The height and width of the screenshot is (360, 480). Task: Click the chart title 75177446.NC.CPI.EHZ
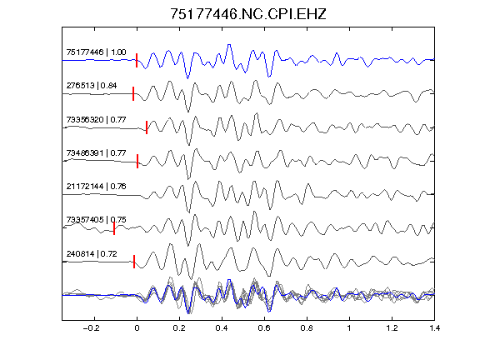(248, 14)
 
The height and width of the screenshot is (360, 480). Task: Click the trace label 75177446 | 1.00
(96, 52)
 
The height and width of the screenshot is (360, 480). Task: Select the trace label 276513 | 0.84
(92, 86)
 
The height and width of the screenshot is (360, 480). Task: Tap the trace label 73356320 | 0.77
(96, 119)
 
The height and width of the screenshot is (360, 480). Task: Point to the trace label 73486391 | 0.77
(96, 152)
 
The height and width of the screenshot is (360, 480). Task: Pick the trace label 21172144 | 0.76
(96, 187)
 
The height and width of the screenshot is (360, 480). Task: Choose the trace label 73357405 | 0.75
(96, 220)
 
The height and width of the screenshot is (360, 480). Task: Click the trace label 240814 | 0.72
(92, 254)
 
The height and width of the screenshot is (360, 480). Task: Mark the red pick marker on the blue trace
(137, 60)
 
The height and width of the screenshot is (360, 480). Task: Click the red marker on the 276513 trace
(133, 93)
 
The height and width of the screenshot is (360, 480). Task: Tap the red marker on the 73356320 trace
(147, 127)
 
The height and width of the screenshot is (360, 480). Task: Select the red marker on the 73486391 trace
(137, 161)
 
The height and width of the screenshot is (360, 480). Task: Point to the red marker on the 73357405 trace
(114, 228)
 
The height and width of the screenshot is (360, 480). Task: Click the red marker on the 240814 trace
(134, 262)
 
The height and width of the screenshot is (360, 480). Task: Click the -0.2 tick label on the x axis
(91, 328)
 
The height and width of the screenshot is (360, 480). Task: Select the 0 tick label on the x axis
(137, 328)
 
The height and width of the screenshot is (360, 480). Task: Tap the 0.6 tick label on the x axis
(264, 328)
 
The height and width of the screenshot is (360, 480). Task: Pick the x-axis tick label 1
(349, 328)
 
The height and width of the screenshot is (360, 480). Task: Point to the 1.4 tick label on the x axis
(434, 328)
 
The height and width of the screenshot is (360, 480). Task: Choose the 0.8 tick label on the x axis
(307, 328)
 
